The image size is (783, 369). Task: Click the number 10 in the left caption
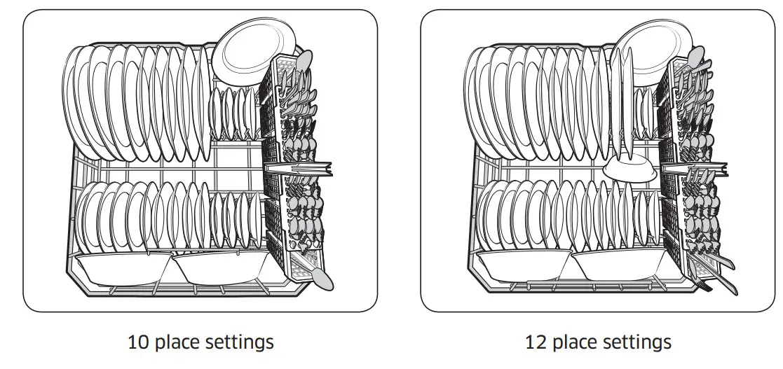(138, 342)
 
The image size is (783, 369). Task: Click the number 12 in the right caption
(536, 342)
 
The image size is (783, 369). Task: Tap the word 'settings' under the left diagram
(239, 342)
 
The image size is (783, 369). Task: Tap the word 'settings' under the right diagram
(636, 342)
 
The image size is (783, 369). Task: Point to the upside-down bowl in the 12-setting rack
(629, 169)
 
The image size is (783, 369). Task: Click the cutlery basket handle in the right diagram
(697, 169)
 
